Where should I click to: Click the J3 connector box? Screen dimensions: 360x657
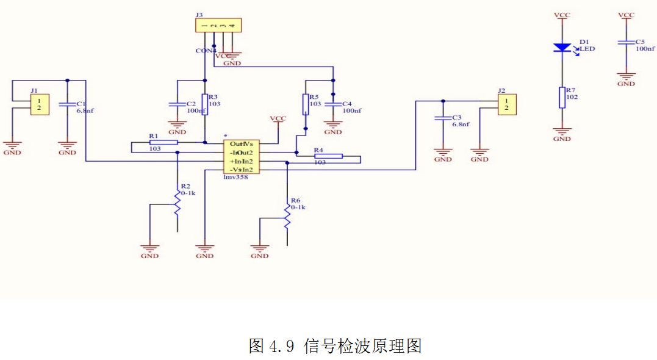click(218, 25)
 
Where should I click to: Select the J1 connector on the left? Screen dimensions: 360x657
click(40, 104)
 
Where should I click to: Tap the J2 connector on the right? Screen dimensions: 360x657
click(506, 104)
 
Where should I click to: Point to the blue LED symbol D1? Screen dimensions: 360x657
click(561, 47)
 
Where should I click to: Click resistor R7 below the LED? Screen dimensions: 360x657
click(562, 97)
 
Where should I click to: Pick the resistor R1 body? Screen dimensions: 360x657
click(163, 143)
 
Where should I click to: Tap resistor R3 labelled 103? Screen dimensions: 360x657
click(205, 104)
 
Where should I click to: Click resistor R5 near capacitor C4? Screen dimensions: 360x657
click(306, 104)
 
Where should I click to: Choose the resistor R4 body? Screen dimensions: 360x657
click(328, 156)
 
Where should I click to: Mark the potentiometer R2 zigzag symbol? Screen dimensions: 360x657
click(178, 203)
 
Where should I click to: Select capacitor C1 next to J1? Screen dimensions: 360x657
click(67, 104)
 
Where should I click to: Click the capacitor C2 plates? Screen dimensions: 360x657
click(177, 104)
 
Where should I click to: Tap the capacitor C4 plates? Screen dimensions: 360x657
click(333, 104)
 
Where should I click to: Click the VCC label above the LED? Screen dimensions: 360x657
click(561, 15)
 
